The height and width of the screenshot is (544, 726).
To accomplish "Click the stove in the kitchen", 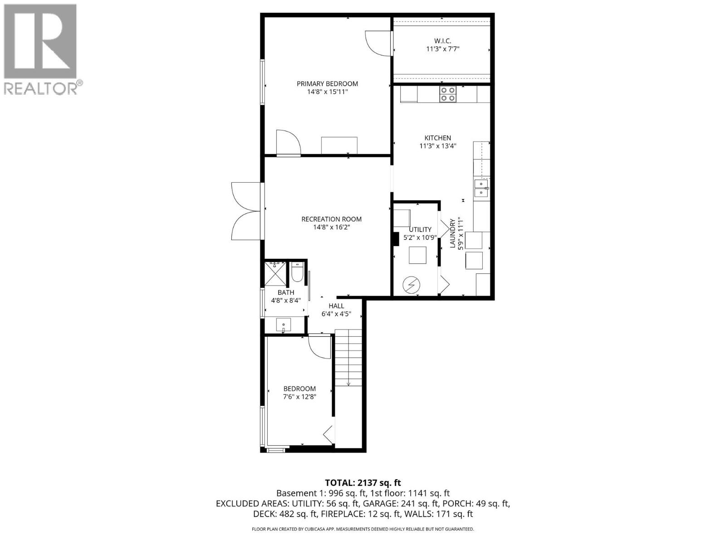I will click(x=447, y=94).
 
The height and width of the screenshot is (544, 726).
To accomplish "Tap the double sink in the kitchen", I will click(x=481, y=188).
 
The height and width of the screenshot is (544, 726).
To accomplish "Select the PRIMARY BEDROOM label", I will click(x=327, y=83).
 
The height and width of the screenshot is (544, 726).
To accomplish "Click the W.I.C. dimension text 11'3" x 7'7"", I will click(x=442, y=49).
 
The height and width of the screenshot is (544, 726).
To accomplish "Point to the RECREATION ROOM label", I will click(x=331, y=219).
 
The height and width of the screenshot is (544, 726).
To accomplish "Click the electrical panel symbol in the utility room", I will click(x=411, y=285).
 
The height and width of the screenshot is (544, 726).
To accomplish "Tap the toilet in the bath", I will click(x=297, y=273).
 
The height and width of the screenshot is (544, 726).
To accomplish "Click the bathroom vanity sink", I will click(x=284, y=325).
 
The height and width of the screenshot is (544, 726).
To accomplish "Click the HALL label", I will click(x=336, y=306).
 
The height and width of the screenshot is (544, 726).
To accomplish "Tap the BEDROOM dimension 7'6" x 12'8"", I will click(x=299, y=397).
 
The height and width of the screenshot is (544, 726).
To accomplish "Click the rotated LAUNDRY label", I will click(x=452, y=233).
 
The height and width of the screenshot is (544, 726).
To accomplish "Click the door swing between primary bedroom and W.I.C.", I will click(x=377, y=43).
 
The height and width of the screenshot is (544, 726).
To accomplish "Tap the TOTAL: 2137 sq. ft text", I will click(x=363, y=483).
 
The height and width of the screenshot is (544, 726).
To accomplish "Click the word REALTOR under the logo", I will click(x=41, y=88).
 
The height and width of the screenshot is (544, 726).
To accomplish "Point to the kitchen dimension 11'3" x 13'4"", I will click(x=437, y=146).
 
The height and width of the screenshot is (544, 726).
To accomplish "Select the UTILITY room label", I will click(x=420, y=229).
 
